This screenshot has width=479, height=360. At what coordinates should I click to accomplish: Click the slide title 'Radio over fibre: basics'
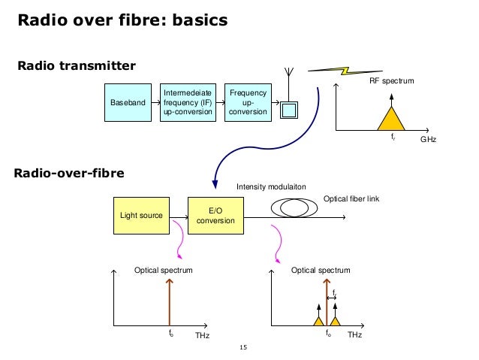click(x=122, y=20)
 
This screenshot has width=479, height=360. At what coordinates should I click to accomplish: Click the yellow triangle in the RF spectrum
click(x=390, y=119)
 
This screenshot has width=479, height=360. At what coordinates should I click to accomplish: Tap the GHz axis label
click(x=428, y=141)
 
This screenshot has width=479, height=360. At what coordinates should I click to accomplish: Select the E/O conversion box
click(x=215, y=216)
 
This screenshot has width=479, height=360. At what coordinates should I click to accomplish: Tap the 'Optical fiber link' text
click(x=352, y=198)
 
